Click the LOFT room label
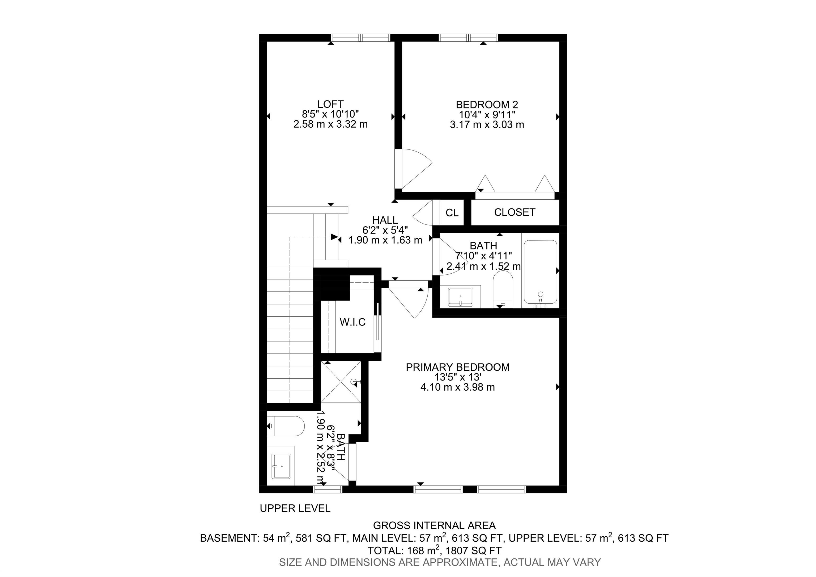pos(330,104)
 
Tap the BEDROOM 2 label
pos(487,104)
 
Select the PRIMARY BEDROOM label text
pos(457,367)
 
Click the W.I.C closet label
pos(352,322)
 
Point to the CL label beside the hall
pos(452,213)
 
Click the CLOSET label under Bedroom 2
pos(515,212)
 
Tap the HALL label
pos(385,220)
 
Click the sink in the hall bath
pos(460,297)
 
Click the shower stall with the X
pos(341,382)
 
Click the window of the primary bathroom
pos(327,490)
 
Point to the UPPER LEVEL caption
pos(295,508)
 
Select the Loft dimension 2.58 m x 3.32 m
pos(330,124)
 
